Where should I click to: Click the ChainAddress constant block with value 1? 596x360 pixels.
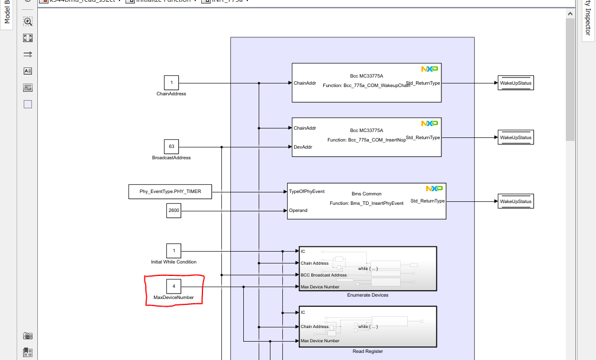pos(172,83)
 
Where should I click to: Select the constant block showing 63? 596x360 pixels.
pos(172,146)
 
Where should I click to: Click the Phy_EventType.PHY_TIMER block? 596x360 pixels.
pos(170,191)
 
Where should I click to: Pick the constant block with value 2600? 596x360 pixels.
pos(173,210)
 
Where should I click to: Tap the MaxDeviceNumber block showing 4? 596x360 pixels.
pos(173,286)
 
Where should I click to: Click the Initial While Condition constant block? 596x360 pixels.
pos(173,250)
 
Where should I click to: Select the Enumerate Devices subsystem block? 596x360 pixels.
pos(368,268)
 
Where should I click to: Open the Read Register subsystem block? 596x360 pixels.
pos(368,326)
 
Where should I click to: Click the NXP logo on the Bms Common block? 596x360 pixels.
pos(434,189)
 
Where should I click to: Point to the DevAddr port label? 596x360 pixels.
pos(302,147)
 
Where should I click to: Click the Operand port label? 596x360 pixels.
pos(298,210)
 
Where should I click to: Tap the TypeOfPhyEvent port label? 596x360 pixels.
pos(306,191)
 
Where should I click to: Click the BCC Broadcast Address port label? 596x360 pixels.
pos(324,275)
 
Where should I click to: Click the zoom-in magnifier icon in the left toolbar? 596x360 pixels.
pos(28,21)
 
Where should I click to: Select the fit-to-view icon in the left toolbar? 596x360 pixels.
pos(28,38)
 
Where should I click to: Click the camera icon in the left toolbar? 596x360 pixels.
pos(28,336)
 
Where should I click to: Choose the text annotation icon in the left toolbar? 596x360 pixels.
pos(28,71)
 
